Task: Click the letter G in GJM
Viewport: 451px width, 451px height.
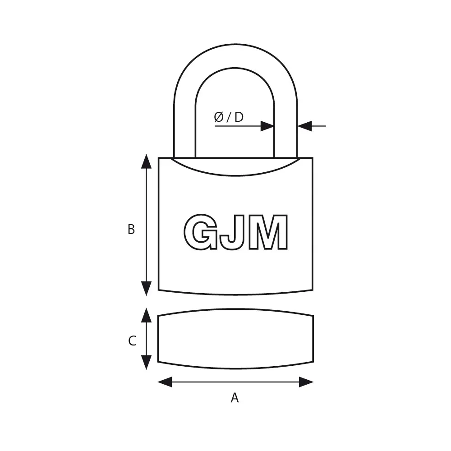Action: pos(201,231)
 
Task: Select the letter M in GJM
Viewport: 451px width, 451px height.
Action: pos(268,232)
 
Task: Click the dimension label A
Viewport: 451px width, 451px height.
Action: pos(235,397)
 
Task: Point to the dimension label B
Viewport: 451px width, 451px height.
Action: pos(131,230)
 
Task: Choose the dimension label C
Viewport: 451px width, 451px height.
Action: pos(132,341)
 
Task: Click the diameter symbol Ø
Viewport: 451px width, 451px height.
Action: pos(219,117)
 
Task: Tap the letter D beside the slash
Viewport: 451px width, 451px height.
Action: pos(239,117)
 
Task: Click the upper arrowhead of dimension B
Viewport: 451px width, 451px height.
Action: pos(147,161)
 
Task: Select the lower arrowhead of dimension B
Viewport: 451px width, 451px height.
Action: pos(147,289)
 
